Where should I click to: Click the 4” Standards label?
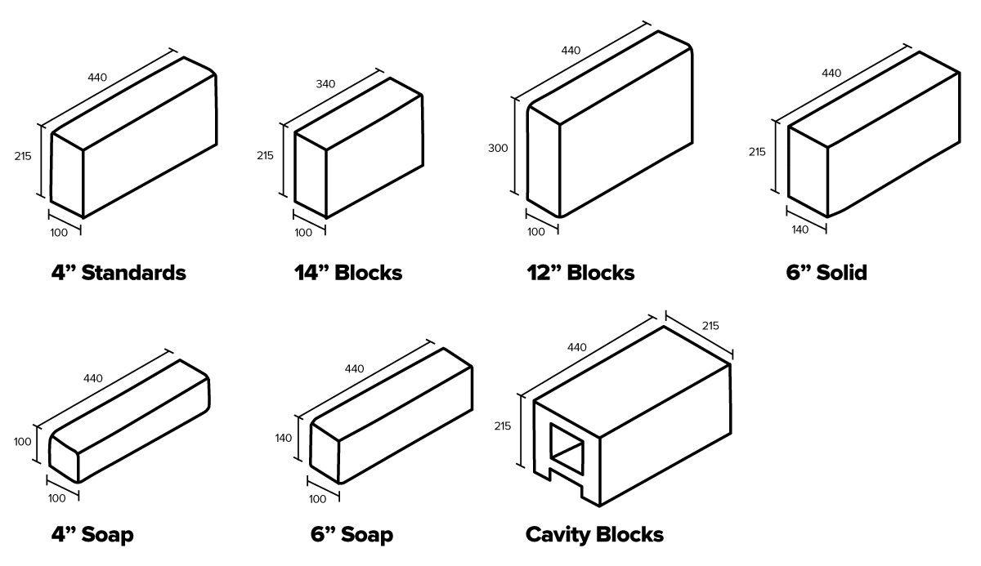[119, 272]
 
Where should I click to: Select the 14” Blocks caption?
[348, 272]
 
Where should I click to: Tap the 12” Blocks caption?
[580, 272]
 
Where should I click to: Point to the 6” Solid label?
[826, 272]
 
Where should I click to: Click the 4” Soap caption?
[92, 535]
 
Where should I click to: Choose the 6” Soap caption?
[352, 535]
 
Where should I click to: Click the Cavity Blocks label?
[594, 535]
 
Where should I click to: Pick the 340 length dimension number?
[325, 84]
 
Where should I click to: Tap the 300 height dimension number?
[498, 148]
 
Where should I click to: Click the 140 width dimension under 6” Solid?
[800, 230]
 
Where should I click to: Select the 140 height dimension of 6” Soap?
[284, 439]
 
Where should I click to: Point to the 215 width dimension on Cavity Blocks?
[710, 326]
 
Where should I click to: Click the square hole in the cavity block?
[567, 448]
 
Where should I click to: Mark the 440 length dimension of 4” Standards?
[96, 78]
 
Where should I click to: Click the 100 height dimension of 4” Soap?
[22, 442]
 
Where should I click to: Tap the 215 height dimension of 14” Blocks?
[265, 155]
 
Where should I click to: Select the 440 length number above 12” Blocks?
[571, 51]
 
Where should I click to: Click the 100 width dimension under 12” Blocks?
[535, 232]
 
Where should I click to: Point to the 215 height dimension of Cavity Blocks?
[503, 426]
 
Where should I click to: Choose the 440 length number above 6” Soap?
[354, 368]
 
